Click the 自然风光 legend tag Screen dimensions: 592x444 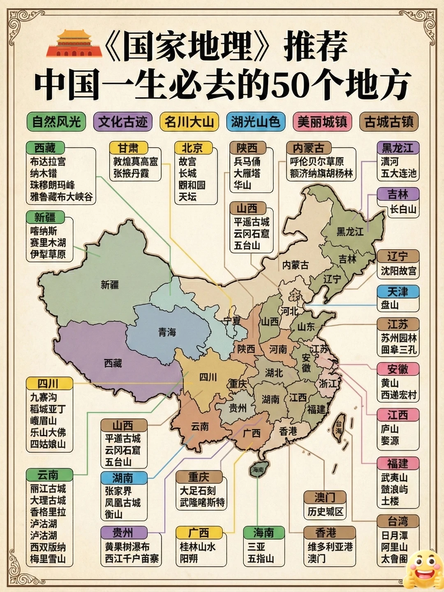(56, 122)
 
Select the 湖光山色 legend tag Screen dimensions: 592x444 (255, 122)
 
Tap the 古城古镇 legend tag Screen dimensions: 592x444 (388, 122)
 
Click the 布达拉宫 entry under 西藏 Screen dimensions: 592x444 (48, 162)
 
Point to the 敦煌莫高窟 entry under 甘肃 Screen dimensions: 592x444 (135, 162)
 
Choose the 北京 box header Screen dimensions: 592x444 (192, 148)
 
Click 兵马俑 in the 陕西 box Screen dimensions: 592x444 (247, 162)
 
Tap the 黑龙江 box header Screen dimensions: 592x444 (398, 148)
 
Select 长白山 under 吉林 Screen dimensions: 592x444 (403, 209)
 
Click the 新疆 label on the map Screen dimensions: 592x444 (110, 284)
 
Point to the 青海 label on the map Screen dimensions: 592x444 (167, 332)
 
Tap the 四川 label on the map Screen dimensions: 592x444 (208, 377)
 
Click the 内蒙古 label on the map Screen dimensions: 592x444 (295, 265)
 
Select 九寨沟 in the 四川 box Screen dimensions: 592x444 (44, 398)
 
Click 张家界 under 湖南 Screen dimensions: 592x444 (118, 491)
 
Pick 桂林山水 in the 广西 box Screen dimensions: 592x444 (197, 547)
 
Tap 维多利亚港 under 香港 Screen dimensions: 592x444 (330, 547)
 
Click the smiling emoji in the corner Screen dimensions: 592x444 (423, 570)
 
